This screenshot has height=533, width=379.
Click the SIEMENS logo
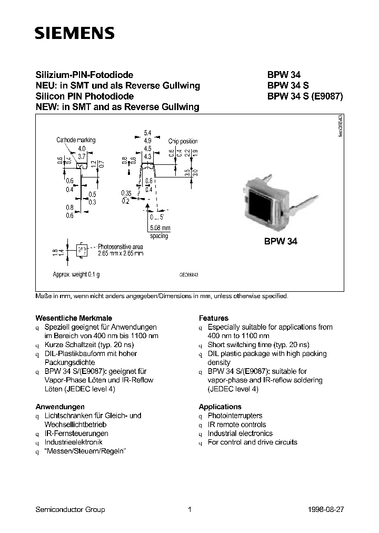74,34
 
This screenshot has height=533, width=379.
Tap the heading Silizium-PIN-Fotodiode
84,75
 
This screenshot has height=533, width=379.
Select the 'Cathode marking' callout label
76,140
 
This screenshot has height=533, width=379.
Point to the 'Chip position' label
183,142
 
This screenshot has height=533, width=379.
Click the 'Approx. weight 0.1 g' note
76,274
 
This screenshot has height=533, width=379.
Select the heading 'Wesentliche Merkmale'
66,318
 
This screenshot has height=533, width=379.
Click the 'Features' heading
213,318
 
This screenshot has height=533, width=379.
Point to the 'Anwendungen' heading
59,407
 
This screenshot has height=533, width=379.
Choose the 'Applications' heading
220,407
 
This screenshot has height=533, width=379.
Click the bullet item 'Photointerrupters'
235,416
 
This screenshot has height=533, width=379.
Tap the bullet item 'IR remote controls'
237,425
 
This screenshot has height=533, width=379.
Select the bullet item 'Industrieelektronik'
73,442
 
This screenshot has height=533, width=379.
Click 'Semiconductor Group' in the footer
70,509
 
